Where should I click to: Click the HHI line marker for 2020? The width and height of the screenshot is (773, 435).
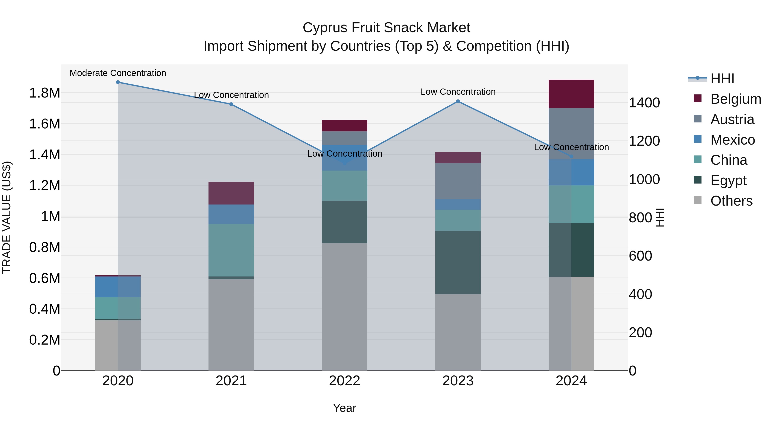[118, 82]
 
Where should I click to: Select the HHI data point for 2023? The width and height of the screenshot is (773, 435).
[458, 101]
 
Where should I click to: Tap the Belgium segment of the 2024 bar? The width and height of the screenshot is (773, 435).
[571, 94]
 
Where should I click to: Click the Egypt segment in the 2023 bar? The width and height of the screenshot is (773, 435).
[458, 262]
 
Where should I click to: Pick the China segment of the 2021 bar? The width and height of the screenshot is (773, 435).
[231, 250]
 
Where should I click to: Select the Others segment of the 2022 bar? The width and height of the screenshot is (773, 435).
[344, 306]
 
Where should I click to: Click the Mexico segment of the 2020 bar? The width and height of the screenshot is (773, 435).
[118, 287]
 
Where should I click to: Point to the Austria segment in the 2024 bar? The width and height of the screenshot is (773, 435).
[571, 134]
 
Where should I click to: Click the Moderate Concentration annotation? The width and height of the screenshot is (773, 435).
[118, 73]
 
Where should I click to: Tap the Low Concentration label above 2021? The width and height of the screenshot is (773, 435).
[231, 95]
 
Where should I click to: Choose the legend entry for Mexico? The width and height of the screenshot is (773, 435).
[732, 140]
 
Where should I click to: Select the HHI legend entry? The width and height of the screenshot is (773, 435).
[722, 79]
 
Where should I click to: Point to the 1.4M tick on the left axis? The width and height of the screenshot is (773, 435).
[44, 155]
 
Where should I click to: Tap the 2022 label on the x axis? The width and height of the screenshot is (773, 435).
[344, 381]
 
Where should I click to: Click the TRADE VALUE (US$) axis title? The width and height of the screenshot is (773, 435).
[7, 217]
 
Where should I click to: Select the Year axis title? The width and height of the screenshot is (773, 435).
[344, 408]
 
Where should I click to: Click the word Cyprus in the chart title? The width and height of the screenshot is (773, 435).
[325, 28]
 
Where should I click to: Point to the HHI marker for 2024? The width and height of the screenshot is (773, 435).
[571, 156]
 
